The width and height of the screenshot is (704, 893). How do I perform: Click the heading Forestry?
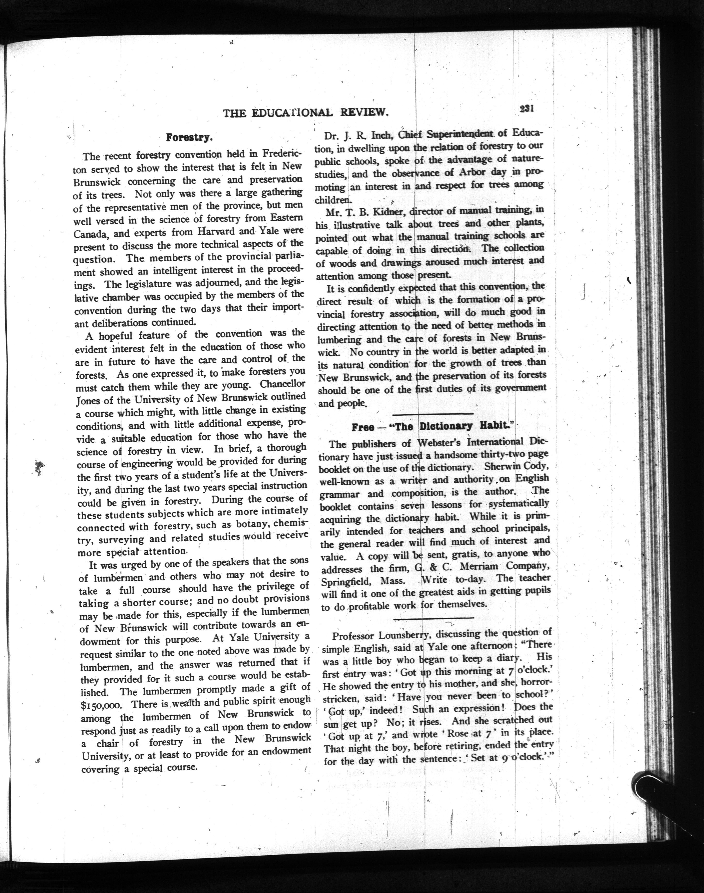[x=189, y=137]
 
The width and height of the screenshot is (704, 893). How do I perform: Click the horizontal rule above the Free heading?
[x=433, y=414]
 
